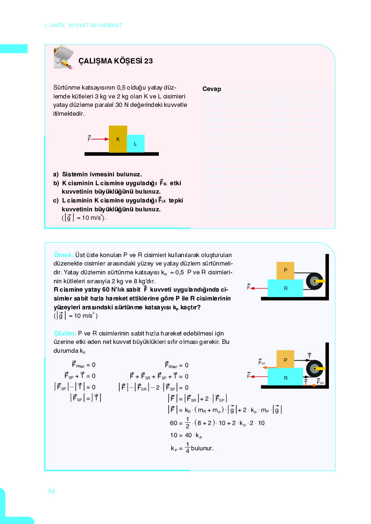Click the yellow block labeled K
[118, 139]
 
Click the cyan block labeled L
[136, 144]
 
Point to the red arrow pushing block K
[100, 139]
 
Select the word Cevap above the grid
[212, 89]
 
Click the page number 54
[52, 491]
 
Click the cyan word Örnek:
[64, 255]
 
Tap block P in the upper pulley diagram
[285, 271]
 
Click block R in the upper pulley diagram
[285, 288]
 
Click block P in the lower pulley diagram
[285, 359]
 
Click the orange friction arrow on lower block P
[269, 368]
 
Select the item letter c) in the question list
[57, 200]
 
